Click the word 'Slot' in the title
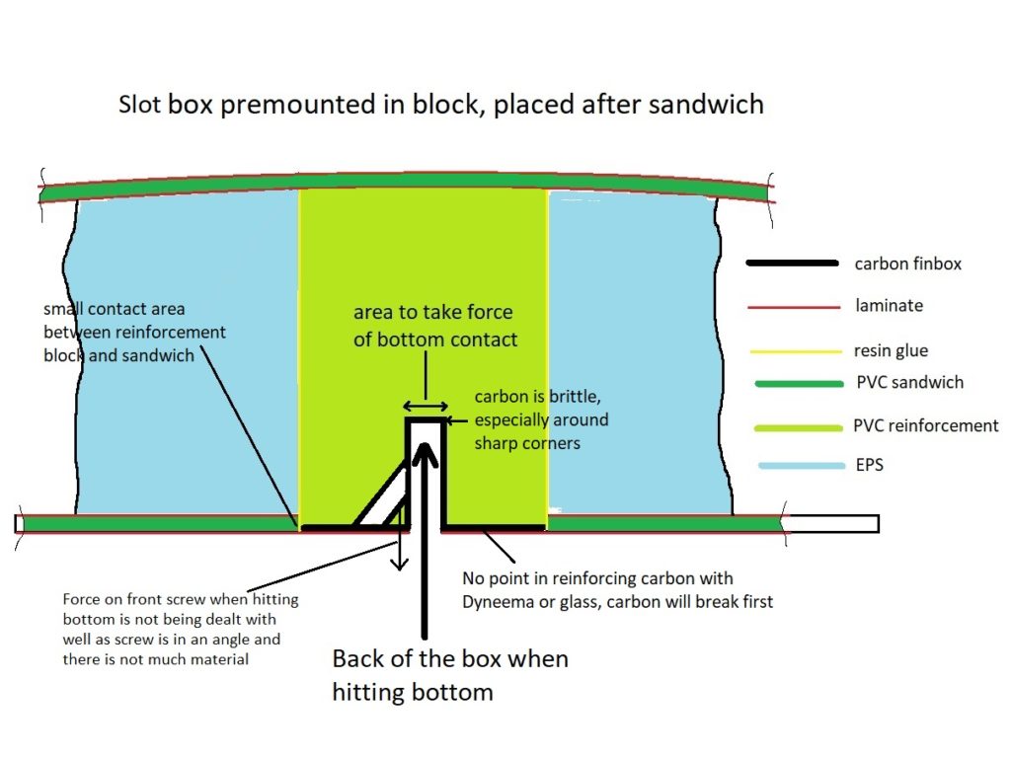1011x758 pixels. coord(140,104)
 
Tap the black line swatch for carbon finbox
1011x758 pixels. coord(793,264)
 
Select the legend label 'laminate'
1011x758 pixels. coord(889,306)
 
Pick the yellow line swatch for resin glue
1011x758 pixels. coord(793,350)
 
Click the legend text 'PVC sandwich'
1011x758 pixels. coord(908,382)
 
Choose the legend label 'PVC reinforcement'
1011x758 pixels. coord(925,426)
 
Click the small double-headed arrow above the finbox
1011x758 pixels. coord(425,406)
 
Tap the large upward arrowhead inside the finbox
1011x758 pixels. coord(425,459)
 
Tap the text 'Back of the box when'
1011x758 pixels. coord(449,659)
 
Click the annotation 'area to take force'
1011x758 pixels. coord(432,313)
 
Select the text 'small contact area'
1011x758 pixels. coord(114,309)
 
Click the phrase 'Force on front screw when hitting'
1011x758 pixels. coord(180,600)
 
